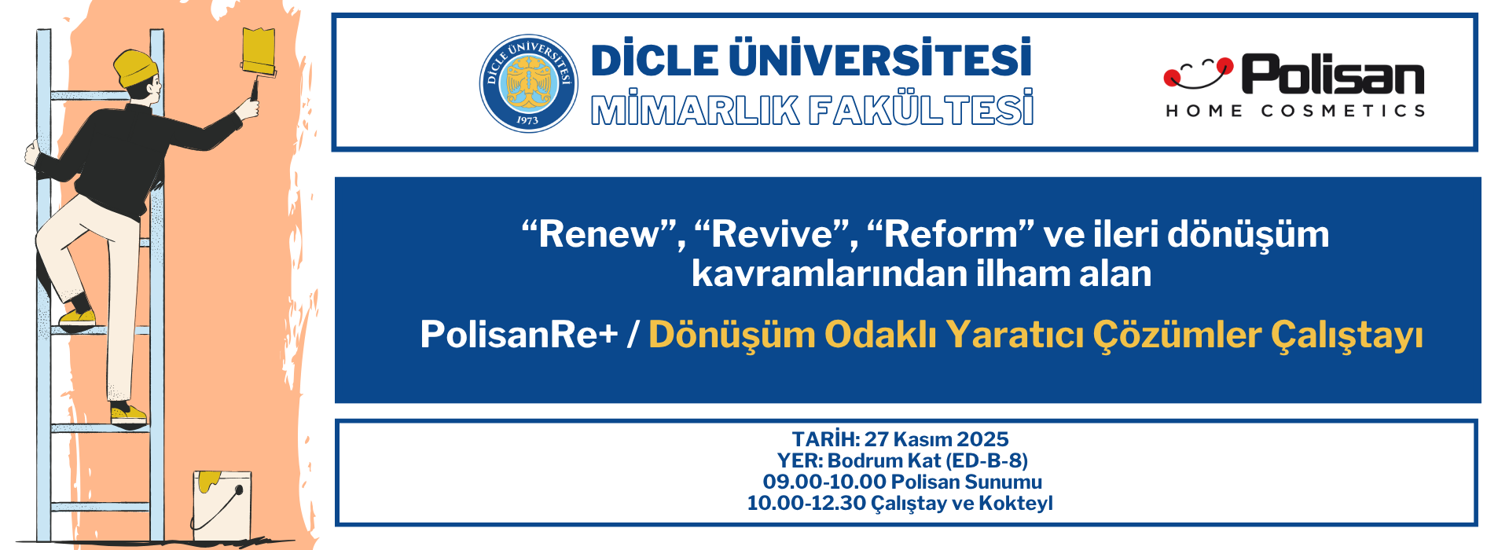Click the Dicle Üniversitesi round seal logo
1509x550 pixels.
[x=528, y=82]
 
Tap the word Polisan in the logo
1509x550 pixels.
[x=1333, y=75]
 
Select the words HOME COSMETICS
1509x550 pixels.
[x=1295, y=111]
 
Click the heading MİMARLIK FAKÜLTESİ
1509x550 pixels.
[x=812, y=109]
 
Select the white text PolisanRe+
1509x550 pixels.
[x=520, y=334]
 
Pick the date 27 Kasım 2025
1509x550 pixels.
[x=936, y=439]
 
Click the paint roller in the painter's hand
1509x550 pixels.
[x=258, y=63]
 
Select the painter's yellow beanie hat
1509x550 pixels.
[x=137, y=67]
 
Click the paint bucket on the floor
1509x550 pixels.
[x=222, y=505]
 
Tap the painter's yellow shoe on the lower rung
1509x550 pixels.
[x=128, y=413]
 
